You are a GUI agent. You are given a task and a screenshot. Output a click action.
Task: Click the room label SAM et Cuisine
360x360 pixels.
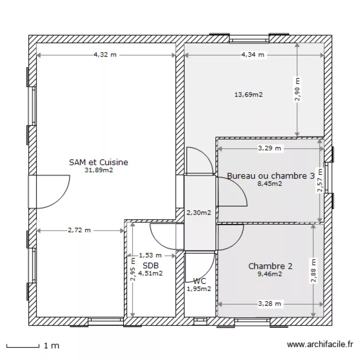pos(98,162)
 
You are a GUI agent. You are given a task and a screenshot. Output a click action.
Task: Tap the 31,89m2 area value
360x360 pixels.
pos(99,170)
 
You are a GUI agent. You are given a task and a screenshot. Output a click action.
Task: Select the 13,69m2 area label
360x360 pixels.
pos(249,95)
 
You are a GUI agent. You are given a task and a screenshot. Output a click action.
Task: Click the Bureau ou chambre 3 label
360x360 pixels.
pos(271,176)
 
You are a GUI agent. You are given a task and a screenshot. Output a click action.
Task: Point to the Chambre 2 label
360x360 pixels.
pos(270,266)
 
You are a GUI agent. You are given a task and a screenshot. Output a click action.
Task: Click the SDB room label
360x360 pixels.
pos(151,265)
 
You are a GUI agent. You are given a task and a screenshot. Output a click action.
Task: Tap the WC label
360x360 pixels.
pos(200,281)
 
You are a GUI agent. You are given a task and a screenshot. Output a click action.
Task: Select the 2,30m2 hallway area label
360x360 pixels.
pos(199,213)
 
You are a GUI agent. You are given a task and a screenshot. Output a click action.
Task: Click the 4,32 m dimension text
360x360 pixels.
pos(105,55)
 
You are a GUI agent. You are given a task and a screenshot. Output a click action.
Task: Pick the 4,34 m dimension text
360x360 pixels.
pos(252,55)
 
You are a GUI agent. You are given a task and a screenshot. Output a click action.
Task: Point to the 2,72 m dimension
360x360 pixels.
pos(79,230)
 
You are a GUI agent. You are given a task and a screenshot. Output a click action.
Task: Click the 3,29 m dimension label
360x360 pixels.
pos(270,148)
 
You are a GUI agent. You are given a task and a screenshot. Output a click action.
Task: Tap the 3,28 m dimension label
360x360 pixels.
pos(270,304)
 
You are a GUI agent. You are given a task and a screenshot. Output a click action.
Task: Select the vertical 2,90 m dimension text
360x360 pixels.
pos(297,89)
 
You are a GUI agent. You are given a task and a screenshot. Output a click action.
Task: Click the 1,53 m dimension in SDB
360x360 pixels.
pos(150,255)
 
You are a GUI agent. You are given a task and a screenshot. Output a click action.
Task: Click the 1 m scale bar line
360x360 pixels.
pos(23,348)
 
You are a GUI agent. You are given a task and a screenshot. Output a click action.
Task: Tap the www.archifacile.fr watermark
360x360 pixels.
pos(320,344)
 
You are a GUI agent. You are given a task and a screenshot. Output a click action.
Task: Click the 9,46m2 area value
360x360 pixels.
pos(270,274)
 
